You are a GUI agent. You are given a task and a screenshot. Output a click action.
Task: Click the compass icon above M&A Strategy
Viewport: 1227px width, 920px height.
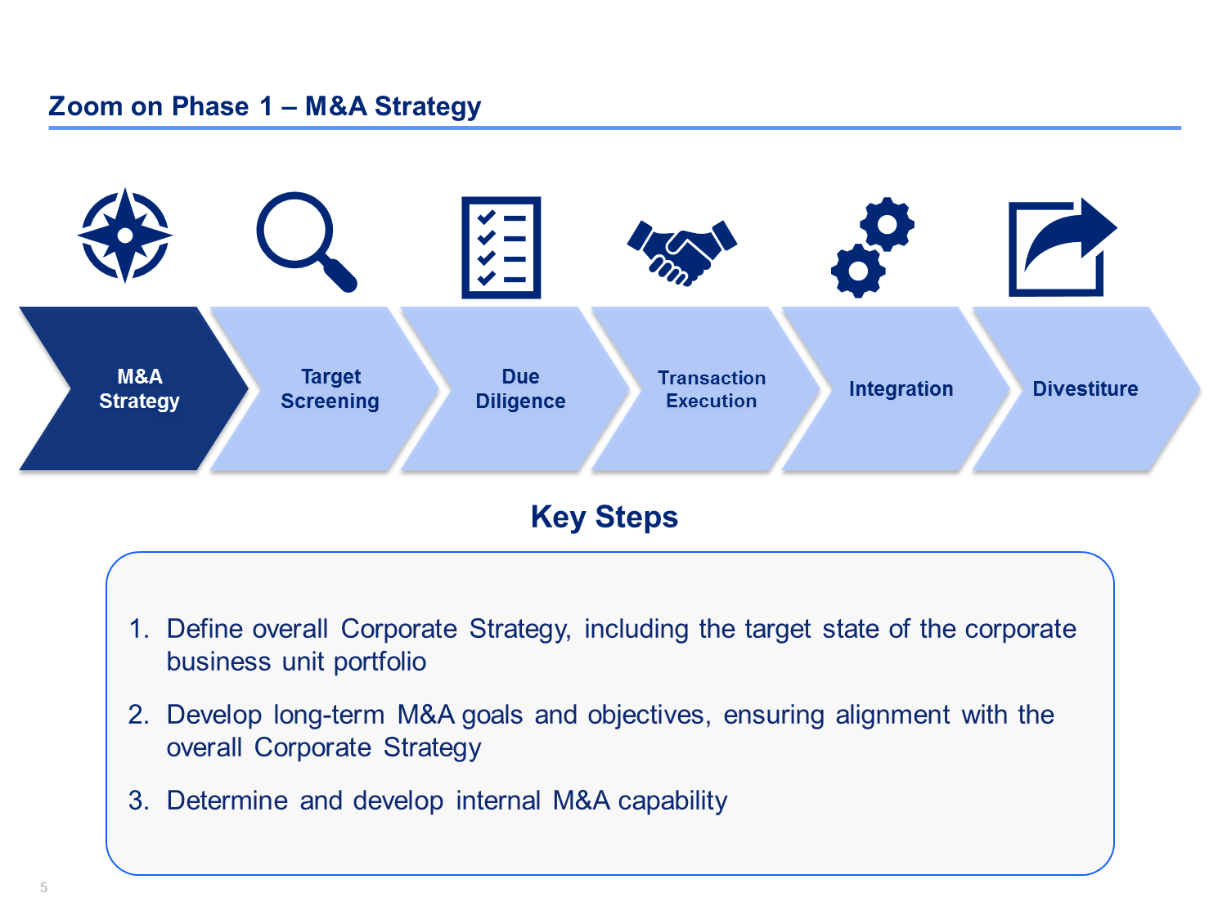pyautogui.click(x=124, y=236)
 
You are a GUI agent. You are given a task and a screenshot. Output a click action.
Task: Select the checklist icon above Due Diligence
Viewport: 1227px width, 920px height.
pyautogui.click(x=501, y=248)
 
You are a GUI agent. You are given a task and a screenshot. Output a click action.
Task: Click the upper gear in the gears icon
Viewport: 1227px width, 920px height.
pyautogui.click(x=888, y=224)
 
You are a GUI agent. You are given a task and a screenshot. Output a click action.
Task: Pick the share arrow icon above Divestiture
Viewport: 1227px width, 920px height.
pyautogui.click(x=1063, y=247)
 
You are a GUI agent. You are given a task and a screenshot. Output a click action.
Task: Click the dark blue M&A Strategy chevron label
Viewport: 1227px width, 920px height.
pyautogui.click(x=140, y=388)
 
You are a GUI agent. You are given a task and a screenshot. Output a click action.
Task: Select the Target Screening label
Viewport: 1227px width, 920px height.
pyautogui.click(x=330, y=388)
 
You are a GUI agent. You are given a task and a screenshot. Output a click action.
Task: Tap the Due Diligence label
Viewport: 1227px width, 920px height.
pyautogui.click(x=520, y=388)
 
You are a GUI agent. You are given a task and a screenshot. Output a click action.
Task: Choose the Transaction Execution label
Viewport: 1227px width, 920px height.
pyautogui.click(x=712, y=389)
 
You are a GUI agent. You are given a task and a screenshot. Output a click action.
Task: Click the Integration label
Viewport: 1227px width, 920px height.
pyautogui.click(x=901, y=388)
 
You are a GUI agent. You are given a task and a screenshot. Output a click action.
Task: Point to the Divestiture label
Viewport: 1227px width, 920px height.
pyautogui.click(x=1085, y=388)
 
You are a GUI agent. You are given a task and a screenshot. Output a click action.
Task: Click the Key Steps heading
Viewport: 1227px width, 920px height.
pyautogui.click(x=605, y=518)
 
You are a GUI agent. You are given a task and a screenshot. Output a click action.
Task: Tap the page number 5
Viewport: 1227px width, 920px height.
pyautogui.click(x=43, y=887)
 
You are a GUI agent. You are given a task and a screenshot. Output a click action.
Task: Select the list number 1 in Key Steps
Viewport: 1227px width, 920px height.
pyautogui.click(x=138, y=629)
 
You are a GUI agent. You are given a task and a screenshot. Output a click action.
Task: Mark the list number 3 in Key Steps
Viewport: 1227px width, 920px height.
pyautogui.click(x=138, y=801)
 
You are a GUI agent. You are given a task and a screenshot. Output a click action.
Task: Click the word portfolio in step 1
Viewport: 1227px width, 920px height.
pyautogui.click(x=380, y=662)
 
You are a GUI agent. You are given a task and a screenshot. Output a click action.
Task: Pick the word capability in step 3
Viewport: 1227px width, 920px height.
pyautogui.click(x=672, y=801)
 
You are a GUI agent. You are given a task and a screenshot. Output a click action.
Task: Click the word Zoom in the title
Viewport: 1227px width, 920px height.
pyautogui.click(x=86, y=106)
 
